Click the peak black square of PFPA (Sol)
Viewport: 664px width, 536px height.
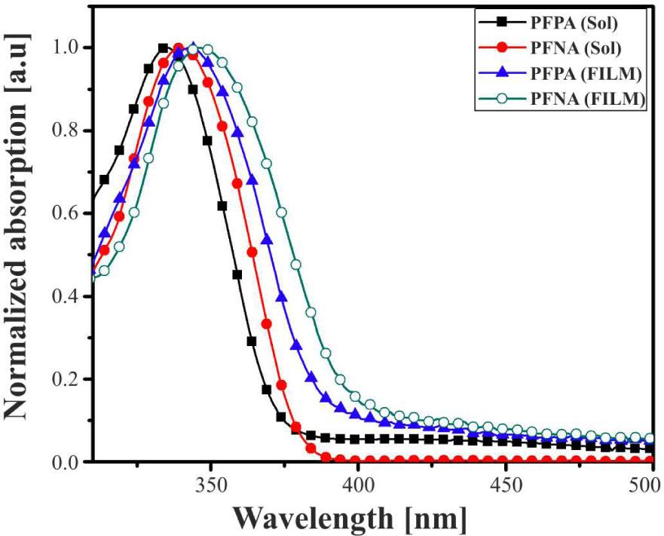(x=163, y=48)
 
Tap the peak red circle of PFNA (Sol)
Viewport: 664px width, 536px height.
(x=178, y=48)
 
